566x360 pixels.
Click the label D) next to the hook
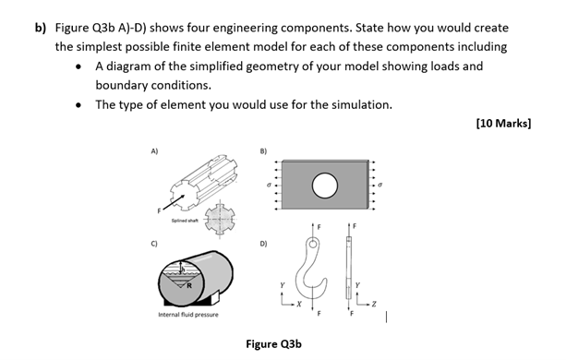click(x=263, y=245)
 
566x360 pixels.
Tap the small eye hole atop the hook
click(x=314, y=246)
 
